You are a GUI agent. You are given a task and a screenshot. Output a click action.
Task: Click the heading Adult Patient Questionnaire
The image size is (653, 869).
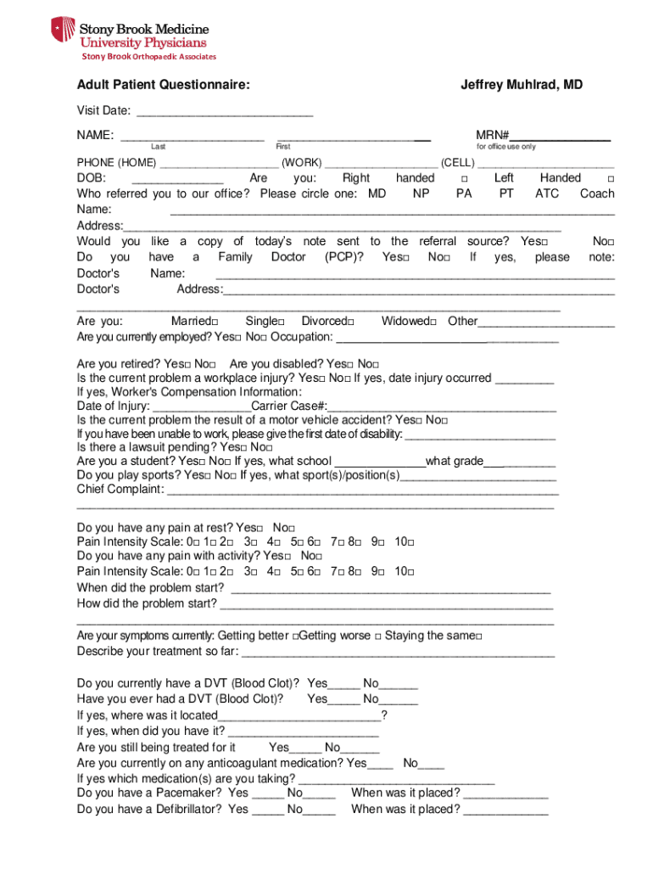(x=163, y=85)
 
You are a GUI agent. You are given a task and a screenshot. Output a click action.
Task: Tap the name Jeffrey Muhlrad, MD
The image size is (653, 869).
(x=522, y=85)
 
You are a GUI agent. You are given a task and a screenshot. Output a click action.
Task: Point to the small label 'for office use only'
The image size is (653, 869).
(x=506, y=147)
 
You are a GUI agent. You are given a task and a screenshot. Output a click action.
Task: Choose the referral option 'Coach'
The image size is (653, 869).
(x=597, y=193)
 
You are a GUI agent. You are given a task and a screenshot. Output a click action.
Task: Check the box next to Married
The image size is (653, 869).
(x=215, y=322)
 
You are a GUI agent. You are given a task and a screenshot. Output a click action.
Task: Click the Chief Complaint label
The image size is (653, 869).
(x=120, y=489)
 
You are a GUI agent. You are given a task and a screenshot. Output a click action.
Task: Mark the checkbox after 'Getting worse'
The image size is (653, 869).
(x=377, y=636)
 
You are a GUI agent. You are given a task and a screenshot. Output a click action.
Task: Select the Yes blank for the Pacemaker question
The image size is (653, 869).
(x=267, y=794)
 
